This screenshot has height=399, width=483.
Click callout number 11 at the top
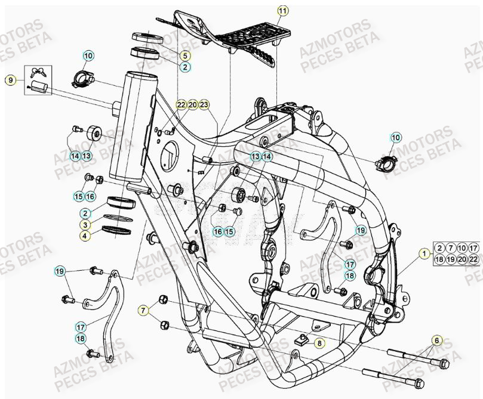tap(282, 10)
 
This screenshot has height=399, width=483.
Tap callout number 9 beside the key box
tap(10, 79)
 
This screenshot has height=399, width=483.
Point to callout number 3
tap(86, 224)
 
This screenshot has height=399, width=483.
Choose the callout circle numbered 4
tap(86, 236)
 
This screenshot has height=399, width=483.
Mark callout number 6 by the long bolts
tap(437, 340)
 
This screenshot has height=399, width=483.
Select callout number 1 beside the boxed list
tap(424, 253)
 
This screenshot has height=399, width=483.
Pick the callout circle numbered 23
tap(205, 104)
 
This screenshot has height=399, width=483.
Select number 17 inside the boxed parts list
tap(473, 248)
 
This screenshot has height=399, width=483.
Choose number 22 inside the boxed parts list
tap(473, 259)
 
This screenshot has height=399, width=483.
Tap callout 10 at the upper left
tap(88, 56)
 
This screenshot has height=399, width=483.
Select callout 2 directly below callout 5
tap(185, 67)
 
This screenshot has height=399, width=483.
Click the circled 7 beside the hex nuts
tap(143, 310)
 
